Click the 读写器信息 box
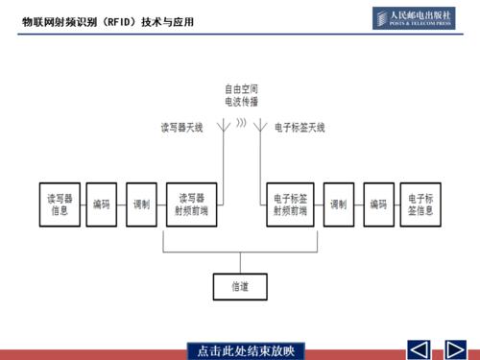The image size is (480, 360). click(60, 204)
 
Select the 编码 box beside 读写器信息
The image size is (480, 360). click(102, 204)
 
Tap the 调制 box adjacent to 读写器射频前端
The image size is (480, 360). click(143, 204)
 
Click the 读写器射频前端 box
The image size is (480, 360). click(193, 204)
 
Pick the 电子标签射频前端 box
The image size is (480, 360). click(289, 204)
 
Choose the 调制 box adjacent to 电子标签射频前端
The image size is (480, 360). click(339, 204)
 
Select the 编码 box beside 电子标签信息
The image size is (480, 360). click(379, 204)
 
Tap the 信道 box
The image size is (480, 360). click(240, 286)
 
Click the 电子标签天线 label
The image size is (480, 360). click(300, 127)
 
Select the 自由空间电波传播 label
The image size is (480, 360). click(241, 94)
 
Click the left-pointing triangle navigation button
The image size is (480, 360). click(419, 349)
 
